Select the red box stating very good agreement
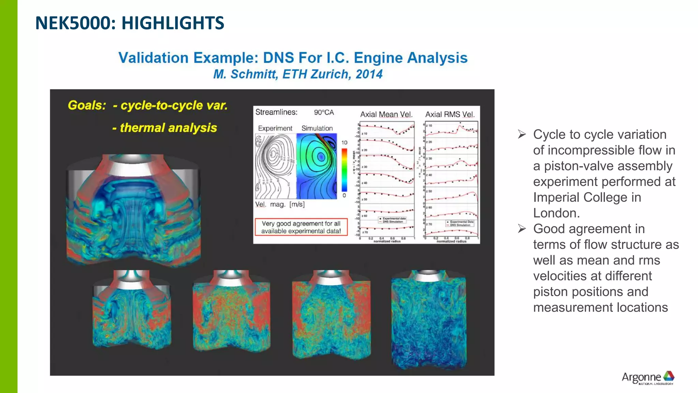301,227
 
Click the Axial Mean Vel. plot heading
386,115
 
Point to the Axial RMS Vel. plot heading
450,115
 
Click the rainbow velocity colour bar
344,170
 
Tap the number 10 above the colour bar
344,143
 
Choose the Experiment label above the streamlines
275,128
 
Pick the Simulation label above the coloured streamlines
317,128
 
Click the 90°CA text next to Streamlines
324,112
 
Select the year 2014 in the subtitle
369,74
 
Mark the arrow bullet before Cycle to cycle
522,134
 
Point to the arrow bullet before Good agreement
522,229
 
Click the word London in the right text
556,213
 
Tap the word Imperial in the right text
558,198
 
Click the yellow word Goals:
87,105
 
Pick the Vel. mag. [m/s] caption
280,204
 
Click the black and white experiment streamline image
275,166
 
